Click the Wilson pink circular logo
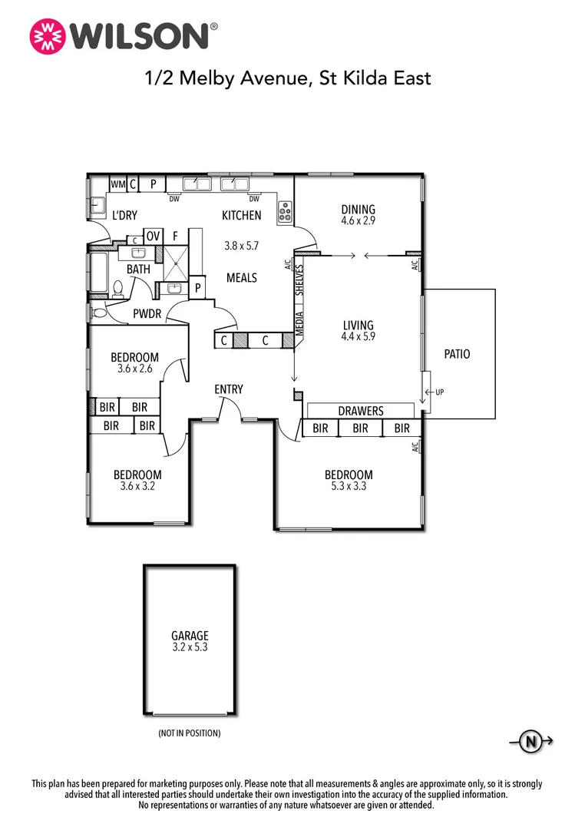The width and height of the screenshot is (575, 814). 48,36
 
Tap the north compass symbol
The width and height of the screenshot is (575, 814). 531,741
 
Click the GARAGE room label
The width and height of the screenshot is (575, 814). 190,635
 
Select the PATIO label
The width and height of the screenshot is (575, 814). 458,354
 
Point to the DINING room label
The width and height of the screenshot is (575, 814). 358,209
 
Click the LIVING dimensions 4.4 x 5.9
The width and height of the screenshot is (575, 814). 358,336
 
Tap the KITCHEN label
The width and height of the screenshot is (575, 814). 242,215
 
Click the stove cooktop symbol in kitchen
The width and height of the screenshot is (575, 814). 285,212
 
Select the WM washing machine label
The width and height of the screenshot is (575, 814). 117,184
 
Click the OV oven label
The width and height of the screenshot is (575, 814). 153,237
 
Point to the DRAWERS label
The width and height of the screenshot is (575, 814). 361,411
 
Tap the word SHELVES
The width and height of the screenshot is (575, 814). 299,280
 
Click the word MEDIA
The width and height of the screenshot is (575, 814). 299,323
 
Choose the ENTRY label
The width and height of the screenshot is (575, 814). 229,389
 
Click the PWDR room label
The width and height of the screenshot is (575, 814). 147,313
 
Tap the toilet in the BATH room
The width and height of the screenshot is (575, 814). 117,290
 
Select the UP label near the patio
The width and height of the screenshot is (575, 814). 440,392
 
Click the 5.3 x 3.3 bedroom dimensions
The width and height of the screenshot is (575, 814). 349,486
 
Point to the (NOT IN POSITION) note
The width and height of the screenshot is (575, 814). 190,733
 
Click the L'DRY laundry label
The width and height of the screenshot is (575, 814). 125,215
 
